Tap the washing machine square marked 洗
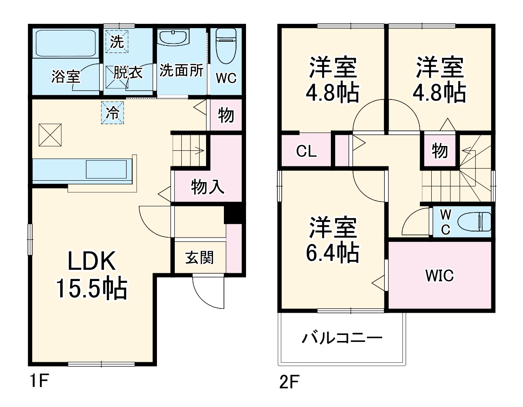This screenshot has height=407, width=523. pyautogui.click(x=117, y=42)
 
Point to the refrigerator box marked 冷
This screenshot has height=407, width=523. pyautogui.click(x=113, y=113)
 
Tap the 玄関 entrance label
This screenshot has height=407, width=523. pyautogui.click(x=200, y=258)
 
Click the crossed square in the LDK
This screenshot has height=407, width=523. pyautogui.click(x=50, y=135)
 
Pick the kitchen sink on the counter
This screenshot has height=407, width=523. pyautogui.click(x=107, y=169)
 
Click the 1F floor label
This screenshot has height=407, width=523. pyautogui.click(x=38, y=382)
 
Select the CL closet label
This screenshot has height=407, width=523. pyautogui.click(x=306, y=152)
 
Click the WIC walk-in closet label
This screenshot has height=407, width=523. pyautogui.click(x=439, y=275)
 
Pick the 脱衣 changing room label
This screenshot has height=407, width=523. pyautogui.click(x=128, y=73)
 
